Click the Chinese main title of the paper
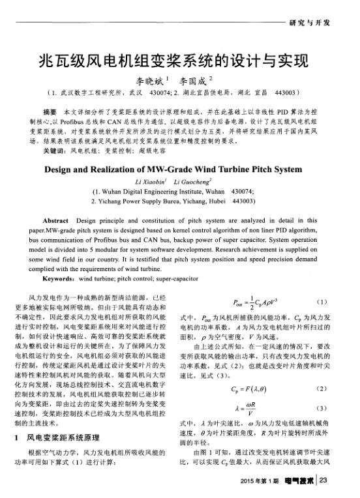(x=179, y=63)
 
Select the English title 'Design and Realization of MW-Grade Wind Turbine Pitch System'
(x=179, y=171)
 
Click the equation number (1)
(x=320, y=302)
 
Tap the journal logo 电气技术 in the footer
(x=299, y=482)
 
